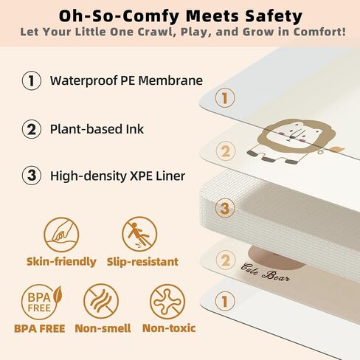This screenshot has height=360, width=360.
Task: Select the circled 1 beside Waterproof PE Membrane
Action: (32, 80)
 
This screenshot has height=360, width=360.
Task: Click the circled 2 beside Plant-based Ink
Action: (32, 129)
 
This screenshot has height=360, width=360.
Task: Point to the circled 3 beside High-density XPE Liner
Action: (32, 176)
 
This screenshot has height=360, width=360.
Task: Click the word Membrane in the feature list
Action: (170, 80)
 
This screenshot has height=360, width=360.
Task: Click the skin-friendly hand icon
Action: (61, 235)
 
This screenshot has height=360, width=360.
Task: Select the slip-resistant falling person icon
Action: (139, 234)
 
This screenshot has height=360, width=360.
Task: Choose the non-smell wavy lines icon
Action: (101, 301)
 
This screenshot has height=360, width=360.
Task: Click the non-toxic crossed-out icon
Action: (167, 302)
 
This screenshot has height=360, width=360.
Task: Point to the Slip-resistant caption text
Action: (142, 262)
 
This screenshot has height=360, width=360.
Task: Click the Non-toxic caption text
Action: (169, 328)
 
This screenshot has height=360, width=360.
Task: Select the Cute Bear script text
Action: (265, 272)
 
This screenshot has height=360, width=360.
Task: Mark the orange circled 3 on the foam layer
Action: (225, 208)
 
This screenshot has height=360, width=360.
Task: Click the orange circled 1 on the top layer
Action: (225, 97)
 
